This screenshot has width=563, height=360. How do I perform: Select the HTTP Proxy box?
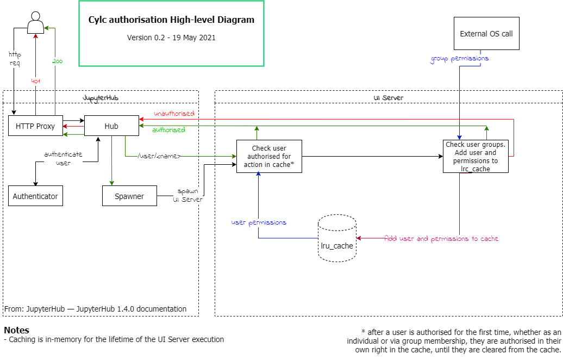(35, 126)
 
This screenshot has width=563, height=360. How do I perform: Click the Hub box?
(111, 126)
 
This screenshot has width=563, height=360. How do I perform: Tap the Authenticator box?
(35, 196)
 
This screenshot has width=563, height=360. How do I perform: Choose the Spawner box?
(129, 196)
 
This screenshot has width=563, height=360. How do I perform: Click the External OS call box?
(486, 34)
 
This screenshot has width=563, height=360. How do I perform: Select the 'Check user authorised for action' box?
(269, 157)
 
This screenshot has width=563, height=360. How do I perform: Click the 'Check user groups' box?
(476, 157)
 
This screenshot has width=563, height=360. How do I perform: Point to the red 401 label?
(35, 81)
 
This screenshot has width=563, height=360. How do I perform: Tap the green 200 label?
(57, 61)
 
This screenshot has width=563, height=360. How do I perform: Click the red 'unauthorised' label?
(174, 114)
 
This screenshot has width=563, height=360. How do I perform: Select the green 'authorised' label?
(168, 130)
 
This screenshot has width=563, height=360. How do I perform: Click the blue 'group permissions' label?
(460, 58)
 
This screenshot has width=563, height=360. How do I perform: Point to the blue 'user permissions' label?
(259, 222)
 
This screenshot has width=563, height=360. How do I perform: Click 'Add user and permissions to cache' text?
(441, 239)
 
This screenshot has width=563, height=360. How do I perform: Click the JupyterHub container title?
(101, 97)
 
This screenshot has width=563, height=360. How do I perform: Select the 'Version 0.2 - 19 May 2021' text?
(171, 38)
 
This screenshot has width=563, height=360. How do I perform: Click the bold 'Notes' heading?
(16, 330)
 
